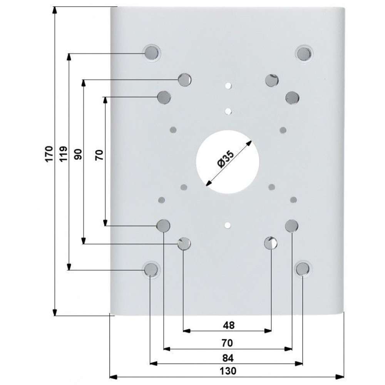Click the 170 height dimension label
click(x=49, y=154)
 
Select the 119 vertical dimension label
click(x=64, y=154)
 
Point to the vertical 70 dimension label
click(x=99, y=155)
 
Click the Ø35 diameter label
click(x=225, y=159)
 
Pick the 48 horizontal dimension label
click(x=229, y=325)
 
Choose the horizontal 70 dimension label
click(x=227, y=343)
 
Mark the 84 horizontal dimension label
click(x=228, y=358)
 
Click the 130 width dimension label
click(x=228, y=371)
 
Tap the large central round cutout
click(x=228, y=162)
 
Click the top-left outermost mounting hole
click(x=151, y=53)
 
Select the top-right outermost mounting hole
click(x=304, y=54)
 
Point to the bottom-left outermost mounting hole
click(x=151, y=269)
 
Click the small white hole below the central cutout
click(x=228, y=225)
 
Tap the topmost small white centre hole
click(x=228, y=86)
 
